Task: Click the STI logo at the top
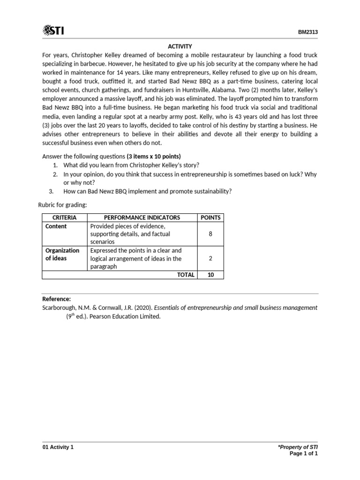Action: (x=53, y=31)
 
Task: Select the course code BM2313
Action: (x=308, y=32)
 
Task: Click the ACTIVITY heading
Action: (x=180, y=46)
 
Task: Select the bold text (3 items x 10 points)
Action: (x=154, y=156)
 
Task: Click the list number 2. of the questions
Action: (x=55, y=174)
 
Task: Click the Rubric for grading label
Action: (x=60, y=204)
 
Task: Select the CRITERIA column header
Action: (x=65, y=217)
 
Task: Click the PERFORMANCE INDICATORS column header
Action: (x=142, y=217)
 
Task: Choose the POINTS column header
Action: (x=210, y=217)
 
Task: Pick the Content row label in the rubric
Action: (x=56, y=226)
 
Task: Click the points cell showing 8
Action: (x=210, y=234)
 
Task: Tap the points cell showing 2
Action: (x=210, y=258)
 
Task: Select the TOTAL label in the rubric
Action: (x=185, y=275)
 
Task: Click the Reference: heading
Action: (x=57, y=299)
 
